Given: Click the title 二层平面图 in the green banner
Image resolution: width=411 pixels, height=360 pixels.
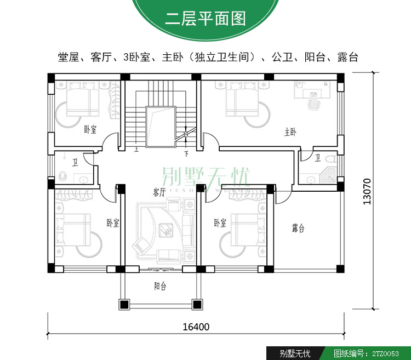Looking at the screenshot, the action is pos(206,19).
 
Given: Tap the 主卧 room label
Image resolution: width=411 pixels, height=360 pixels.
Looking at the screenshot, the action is pos(290,132).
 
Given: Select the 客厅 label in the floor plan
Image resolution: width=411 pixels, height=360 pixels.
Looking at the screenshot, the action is pos(159,192).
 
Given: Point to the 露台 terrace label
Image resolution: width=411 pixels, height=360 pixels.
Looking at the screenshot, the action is pos(298,228).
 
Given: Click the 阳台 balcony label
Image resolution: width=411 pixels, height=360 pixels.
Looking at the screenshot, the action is pos(160,286).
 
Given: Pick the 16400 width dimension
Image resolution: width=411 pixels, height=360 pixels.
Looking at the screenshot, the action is pos(196,327).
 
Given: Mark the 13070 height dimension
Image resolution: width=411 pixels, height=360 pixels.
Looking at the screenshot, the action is pos(367,192).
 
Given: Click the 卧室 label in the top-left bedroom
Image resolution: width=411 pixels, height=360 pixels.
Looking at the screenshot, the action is pos(90,129).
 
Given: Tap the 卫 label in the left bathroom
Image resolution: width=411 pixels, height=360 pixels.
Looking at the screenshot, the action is pos(75,163).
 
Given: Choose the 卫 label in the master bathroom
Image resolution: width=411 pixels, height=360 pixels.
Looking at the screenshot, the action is pos(317,158).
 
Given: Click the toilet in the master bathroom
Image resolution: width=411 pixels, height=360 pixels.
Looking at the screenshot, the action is pos(330,159).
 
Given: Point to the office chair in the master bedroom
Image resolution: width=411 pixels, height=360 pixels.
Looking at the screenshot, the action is pos(314,104).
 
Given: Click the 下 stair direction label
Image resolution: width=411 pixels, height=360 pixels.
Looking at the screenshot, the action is pos(186,153).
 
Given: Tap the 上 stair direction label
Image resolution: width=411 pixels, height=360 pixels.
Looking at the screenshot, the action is pos(136,150).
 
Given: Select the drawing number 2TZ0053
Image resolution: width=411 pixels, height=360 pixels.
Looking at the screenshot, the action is pos(385,354).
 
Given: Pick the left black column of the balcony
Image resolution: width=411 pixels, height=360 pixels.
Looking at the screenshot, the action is pos(124,305).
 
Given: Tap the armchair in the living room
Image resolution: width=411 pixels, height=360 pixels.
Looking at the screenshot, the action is pos(141,245).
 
